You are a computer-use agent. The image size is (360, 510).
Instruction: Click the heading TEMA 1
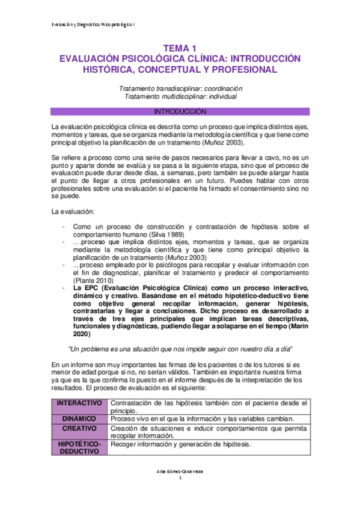[180, 48]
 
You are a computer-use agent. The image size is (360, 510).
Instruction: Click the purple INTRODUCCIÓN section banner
[180, 111]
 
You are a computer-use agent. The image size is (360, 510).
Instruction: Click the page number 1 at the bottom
[180, 479]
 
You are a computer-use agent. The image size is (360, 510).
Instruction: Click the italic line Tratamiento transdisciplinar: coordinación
[180, 88]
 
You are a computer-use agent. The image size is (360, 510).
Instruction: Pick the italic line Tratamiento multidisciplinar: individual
[180, 96]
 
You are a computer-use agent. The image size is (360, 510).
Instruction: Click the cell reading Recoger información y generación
[180, 444]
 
